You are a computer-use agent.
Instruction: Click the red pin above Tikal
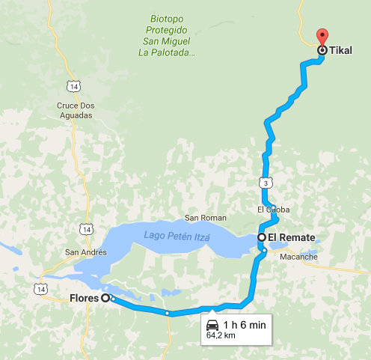pos(322,35)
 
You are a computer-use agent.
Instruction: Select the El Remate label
pos(292,237)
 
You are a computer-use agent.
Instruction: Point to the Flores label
pos(84,298)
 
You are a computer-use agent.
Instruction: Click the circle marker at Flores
pos(105,298)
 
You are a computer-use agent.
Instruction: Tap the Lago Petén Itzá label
pos(177,237)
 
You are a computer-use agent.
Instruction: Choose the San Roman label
pos(200,219)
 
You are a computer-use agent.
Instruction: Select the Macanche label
pos(299,257)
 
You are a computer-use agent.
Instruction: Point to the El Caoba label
pos(272,210)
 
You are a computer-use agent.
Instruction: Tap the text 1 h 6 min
pos(239,323)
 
